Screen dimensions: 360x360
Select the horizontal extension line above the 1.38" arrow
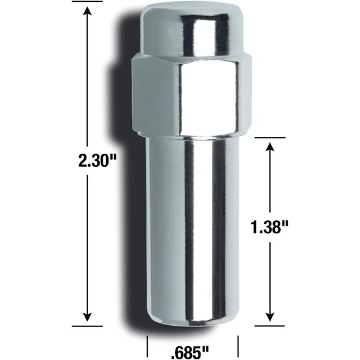click(x=271, y=137)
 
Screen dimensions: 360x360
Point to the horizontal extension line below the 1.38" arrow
click(x=271, y=326)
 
